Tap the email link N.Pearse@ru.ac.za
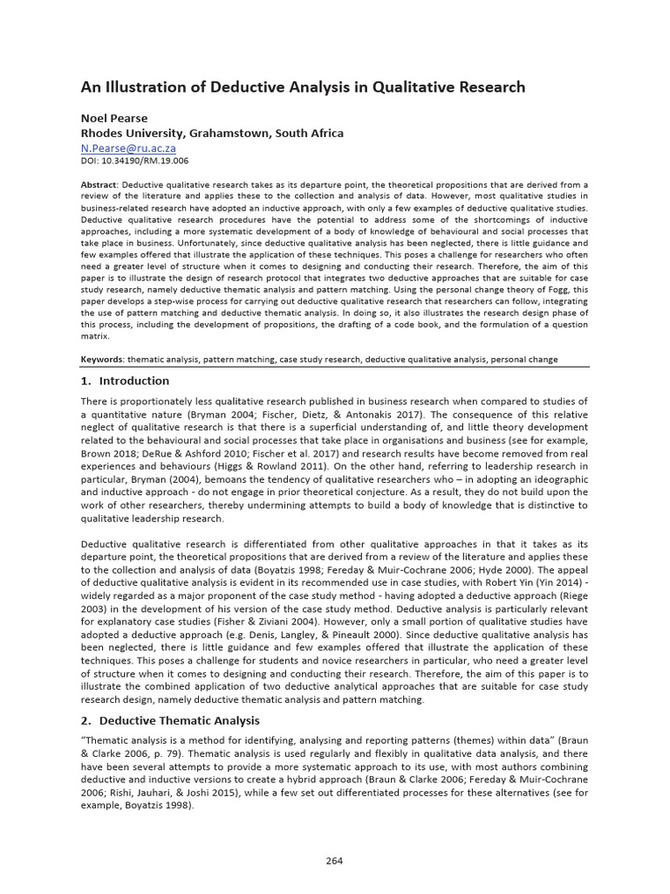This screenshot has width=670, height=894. point(127,148)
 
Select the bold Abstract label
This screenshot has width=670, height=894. point(99,185)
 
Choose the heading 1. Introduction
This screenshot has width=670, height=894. point(125,381)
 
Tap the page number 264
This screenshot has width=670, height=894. point(334,860)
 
